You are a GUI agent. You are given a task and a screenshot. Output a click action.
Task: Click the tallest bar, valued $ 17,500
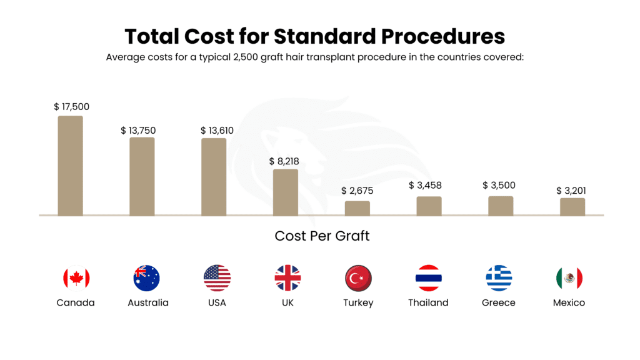click(70, 166)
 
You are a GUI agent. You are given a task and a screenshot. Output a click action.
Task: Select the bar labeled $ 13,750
click(142, 176)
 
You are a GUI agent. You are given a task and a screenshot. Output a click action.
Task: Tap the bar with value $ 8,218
click(286, 192)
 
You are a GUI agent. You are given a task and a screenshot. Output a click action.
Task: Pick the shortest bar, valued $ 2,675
click(357, 208)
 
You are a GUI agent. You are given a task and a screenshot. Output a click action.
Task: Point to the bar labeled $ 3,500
click(501, 206)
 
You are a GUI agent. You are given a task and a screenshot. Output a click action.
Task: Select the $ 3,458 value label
click(428, 185)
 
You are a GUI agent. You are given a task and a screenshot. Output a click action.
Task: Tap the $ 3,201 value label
click(571, 191)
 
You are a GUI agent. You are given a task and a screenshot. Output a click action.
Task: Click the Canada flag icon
click(76, 278)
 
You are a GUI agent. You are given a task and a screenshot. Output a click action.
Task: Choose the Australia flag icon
click(147, 278)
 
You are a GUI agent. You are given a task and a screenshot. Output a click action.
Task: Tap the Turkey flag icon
click(358, 278)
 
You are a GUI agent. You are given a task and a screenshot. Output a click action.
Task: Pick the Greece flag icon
click(499, 278)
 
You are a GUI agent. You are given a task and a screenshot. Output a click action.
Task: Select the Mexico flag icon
click(569, 278)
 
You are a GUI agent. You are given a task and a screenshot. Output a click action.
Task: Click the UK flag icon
click(287, 278)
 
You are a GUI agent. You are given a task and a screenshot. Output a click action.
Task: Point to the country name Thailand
click(428, 302)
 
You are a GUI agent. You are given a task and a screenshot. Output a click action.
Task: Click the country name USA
click(217, 302)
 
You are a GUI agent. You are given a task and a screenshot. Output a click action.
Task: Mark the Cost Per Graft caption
click(322, 236)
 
